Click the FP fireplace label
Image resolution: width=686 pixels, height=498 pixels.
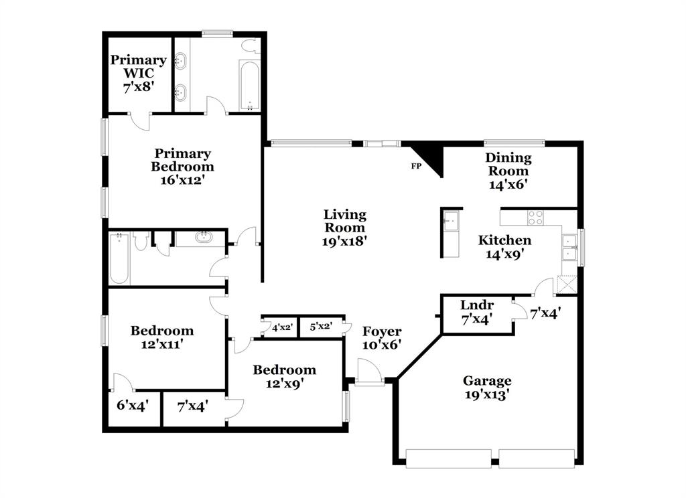[x=416, y=165]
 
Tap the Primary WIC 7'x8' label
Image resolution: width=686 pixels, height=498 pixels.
[x=138, y=74]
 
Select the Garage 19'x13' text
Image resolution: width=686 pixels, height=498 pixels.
[x=487, y=388]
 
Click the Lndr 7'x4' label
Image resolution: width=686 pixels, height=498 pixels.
[x=477, y=312]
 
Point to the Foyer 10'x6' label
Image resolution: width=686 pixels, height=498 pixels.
[x=382, y=338]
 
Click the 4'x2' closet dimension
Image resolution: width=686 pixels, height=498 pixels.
[x=282, y=327]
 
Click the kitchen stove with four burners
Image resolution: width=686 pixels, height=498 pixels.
[x=535, y=218]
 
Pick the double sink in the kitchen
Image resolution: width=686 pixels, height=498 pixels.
[x=569, y=247]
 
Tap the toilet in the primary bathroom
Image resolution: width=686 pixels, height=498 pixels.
[x=251, y=46]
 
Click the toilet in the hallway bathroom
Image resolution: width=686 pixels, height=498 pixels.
[x=141, y=241]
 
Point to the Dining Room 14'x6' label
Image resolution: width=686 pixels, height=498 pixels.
[x=508, y=172]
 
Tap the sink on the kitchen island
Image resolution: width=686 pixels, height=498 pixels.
[x=451, y=220]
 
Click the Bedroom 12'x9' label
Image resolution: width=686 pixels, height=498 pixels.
[x=284, y=377]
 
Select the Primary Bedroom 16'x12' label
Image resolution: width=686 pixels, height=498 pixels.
[x=182, y=167]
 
